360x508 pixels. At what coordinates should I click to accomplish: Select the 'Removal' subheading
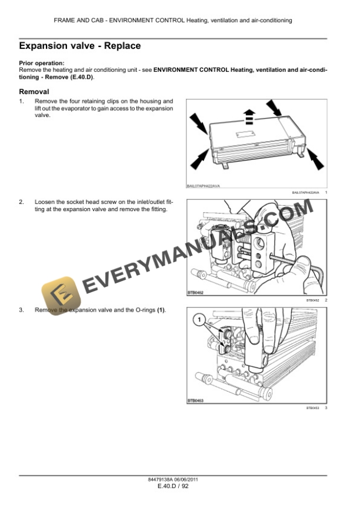point(34,92)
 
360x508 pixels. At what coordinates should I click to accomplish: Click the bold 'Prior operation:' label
point(42,63)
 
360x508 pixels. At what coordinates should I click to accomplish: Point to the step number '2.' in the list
point(22,202)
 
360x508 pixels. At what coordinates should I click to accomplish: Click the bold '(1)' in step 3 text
point(161,310)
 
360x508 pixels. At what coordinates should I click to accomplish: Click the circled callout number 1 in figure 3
point(199,320)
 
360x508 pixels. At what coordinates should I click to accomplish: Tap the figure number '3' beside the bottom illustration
point(325,408)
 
